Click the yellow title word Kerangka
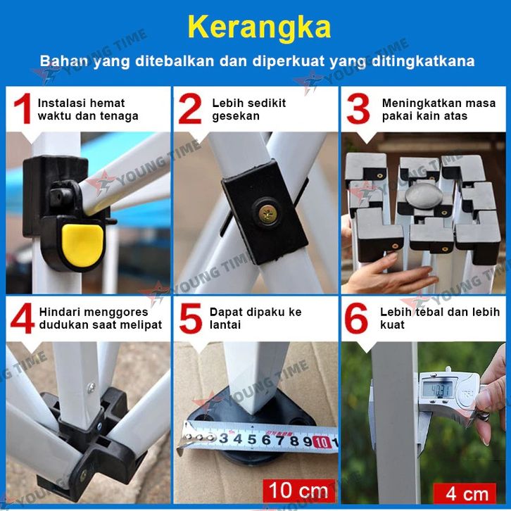click(x=260, y=27)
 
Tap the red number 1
click(x=23, y=108)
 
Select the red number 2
click(x=190, y=108)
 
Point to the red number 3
click(x=358, y=108)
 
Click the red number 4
click(x=22, y=318)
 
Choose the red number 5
click(x=191, y=318)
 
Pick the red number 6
click(x=356, y=318)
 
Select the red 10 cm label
click(x=299, y=490)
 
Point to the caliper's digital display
click(x=437, y=389)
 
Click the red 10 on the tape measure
click(x=322, y=442)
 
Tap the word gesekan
click(x=236, y=116)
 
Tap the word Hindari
click(x=58, y=312)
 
